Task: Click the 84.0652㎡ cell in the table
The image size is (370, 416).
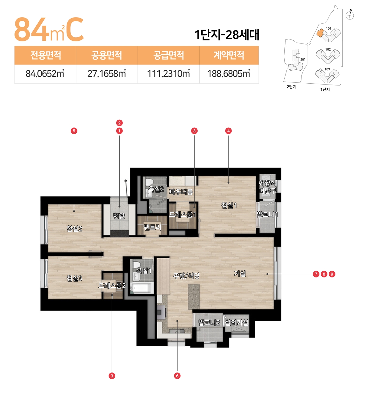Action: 45,74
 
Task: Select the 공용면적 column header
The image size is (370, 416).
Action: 107,55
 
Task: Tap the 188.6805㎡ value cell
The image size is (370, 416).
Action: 229,74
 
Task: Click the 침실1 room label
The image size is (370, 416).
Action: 229,205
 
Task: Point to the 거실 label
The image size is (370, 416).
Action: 240,273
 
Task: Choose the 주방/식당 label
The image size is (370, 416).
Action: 186,276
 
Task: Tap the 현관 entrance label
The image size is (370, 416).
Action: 119,216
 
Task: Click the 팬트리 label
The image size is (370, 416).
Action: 152,227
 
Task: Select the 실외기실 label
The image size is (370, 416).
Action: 236,322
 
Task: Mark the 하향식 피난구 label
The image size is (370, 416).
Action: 267,187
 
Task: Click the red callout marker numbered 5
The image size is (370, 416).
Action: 74,131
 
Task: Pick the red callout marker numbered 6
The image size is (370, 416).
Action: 177,376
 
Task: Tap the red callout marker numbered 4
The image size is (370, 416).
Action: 228,131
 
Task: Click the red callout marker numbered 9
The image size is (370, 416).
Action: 332,274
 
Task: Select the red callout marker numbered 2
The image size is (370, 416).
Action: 119,123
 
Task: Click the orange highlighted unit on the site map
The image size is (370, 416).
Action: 320,33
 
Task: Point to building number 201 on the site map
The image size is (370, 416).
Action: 303,60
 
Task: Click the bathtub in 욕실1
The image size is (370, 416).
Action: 142,288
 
